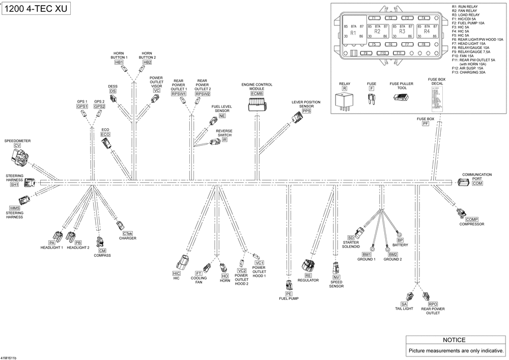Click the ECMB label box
click(x=257, y=94)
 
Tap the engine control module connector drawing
click(x=257, y=105)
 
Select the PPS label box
click(x=306, y=111)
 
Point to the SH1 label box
click(x=14, y=185)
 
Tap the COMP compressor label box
click(x=472, y=219)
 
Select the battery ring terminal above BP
click(x=400, y=233)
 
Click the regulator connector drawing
click(x=308, y=265)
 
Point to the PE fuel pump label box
click(x=289, y=294)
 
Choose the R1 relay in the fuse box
click(x=353, y=33)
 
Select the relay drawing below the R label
click(x=345, y=100)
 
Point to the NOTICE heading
click(x=454, y=340)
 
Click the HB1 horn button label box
click(x=119, y=62)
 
